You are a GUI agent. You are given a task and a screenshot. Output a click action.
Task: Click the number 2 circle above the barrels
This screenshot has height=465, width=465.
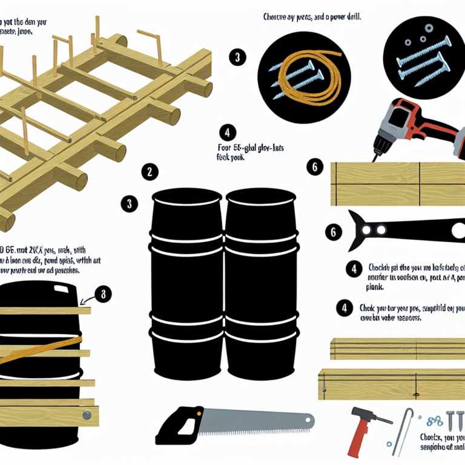pyautogui.click(x=150, y=172)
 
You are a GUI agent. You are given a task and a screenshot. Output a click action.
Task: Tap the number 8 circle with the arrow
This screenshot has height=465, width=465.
pyautogui.click(x=104, y=295)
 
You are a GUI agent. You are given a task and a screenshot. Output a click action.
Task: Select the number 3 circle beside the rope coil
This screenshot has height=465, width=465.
pyautogui.click(x=237, y=58)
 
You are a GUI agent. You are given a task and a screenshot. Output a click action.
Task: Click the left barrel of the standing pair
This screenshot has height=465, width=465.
pyautogui.click(x=186, y=285)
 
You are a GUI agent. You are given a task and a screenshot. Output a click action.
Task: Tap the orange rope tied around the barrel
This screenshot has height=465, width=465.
pyautogui.click(x=36, y=352)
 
